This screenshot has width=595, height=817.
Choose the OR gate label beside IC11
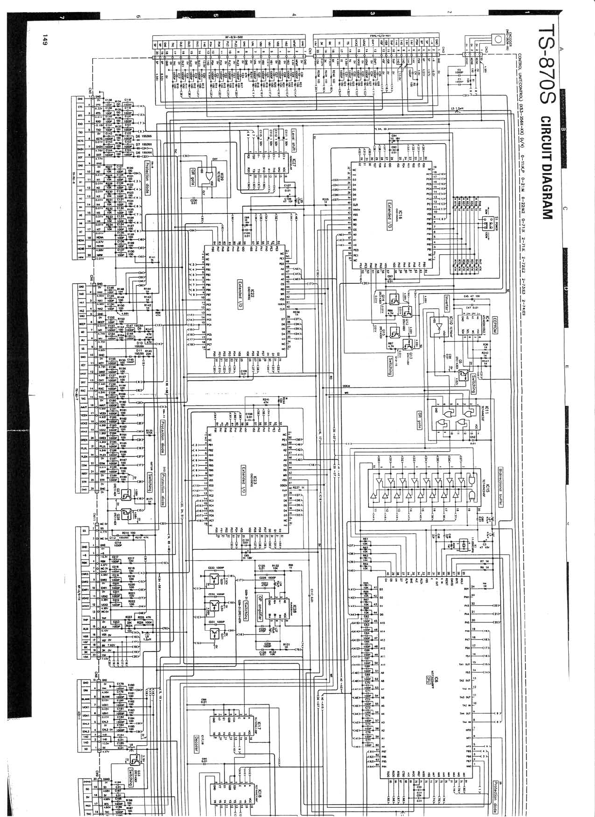coord(419,420)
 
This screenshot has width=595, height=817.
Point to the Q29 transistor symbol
coord(214,580)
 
